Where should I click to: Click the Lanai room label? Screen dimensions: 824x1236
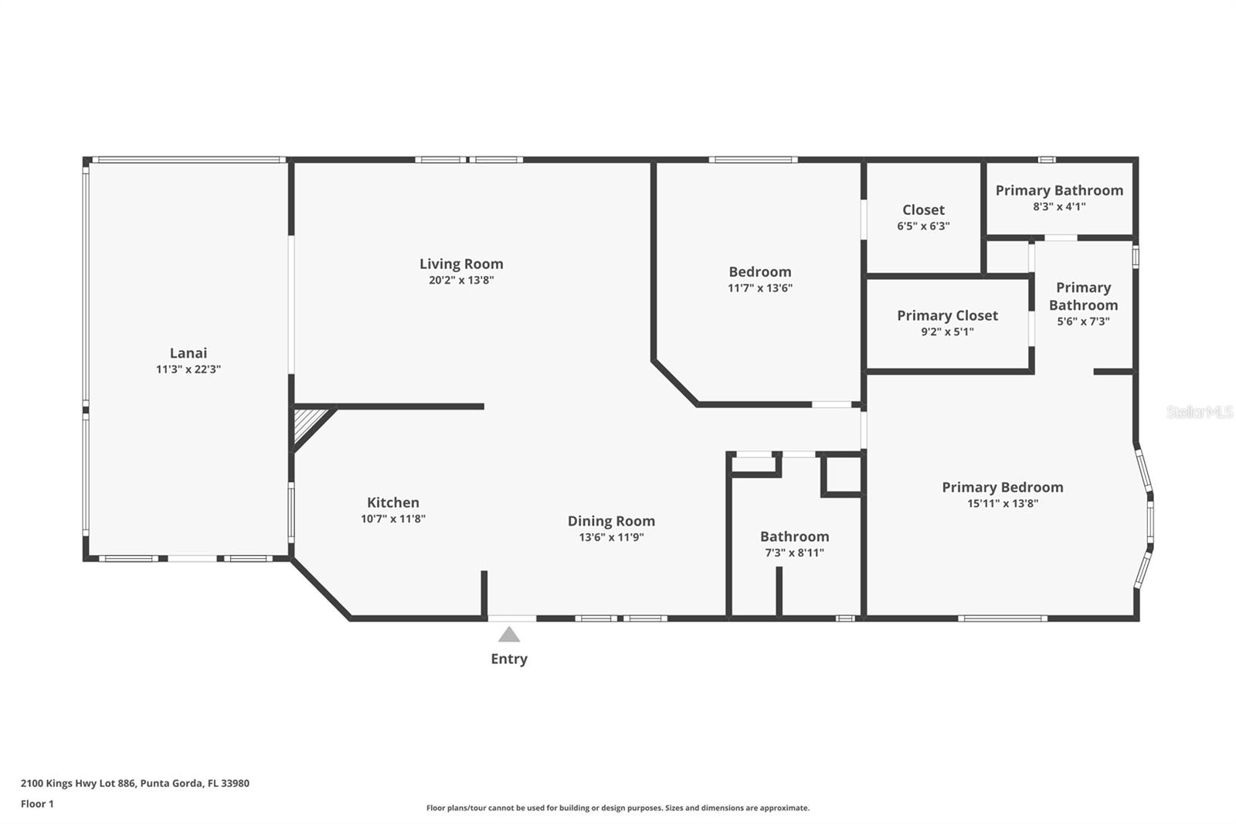[x=188, y=353]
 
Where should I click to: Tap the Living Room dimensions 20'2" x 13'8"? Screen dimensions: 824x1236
[x=461, y=281]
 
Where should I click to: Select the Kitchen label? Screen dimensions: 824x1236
[x=392, y=502]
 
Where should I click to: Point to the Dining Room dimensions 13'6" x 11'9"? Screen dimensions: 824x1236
[x=611, y=537]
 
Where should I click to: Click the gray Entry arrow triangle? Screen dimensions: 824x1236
[x=508, y=635]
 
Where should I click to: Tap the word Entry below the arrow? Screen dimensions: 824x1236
[x=509, y=659]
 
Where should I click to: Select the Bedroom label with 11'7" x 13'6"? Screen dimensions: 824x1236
[x=759, y=272]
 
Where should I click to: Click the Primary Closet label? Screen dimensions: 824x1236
[x=947, y=315]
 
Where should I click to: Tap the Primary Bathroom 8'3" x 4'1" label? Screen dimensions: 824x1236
[x=1059, y=191]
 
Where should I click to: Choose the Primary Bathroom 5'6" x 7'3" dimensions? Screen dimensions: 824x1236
[x=1083, y=322]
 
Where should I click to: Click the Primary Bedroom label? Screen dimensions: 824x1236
[x=1002, y=487]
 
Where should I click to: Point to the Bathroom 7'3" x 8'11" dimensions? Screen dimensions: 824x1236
[x=794, y=553]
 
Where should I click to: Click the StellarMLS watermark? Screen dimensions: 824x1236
[x=1199, y=412]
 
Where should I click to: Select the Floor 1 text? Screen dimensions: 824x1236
[x=37, y=804]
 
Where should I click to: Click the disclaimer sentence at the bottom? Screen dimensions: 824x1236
[x=618, y=808]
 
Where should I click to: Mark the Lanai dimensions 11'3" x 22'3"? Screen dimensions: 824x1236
[x=188, y=369]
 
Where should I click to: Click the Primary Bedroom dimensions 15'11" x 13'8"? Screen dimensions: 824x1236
[x=1002, y=503]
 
